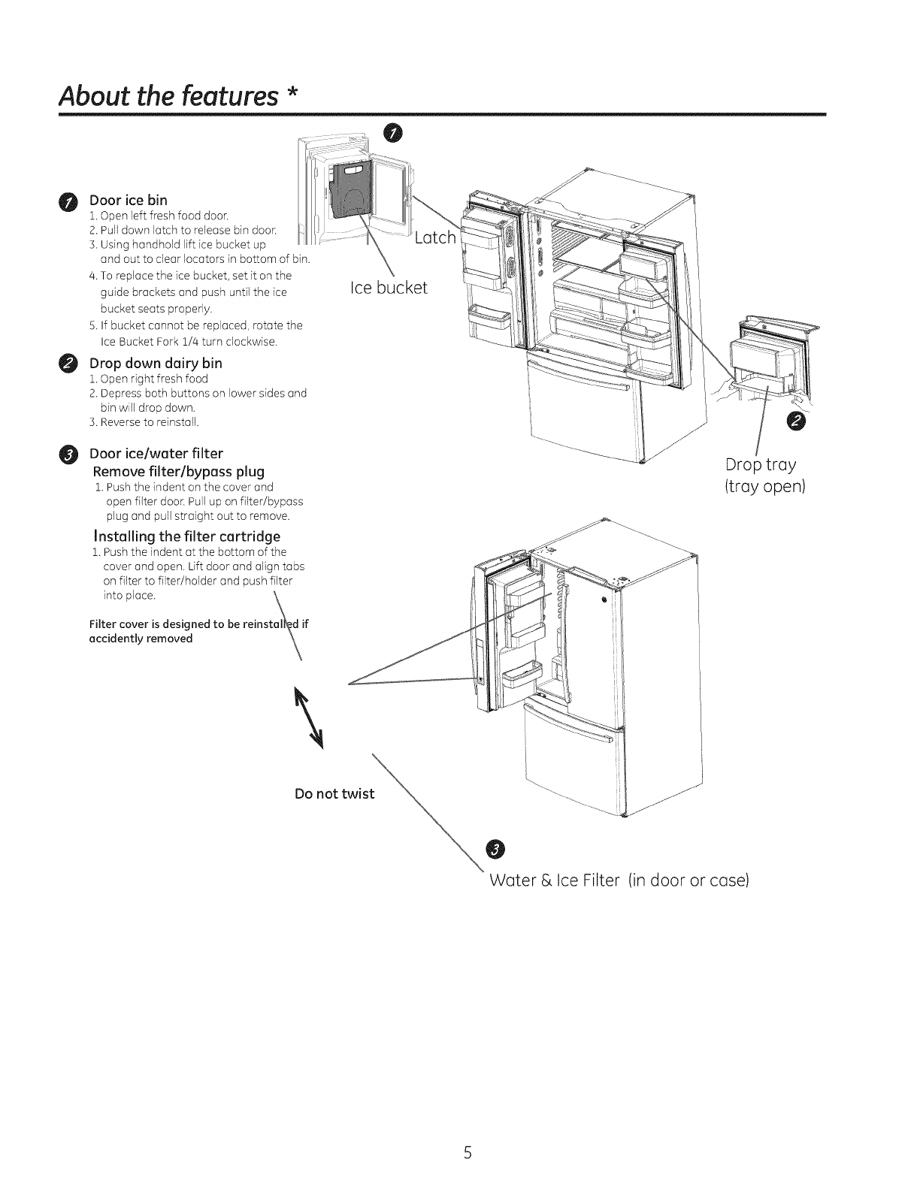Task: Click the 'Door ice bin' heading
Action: tap(128, 200)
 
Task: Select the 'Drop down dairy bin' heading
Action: tap(156, 363)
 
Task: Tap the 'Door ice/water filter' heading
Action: tap(156, 453)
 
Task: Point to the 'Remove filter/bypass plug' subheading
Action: tap(178, 472)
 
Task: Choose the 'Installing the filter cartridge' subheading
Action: tap(186, 536)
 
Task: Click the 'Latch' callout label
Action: tap(435, 238)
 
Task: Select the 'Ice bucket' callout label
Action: tap(389, 287)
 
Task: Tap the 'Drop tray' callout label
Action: tap(761, 464)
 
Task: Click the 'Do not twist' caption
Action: tap(334, 794)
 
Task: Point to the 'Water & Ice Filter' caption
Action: tap(618, 880)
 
